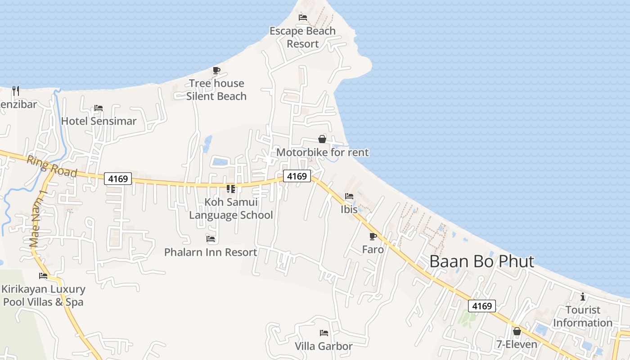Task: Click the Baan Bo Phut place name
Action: [x=482, y=261]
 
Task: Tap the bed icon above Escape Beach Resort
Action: [x=303, y=18]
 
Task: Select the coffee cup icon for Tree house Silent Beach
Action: [x=216, y=70]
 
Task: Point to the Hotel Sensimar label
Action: [x=99, y=121]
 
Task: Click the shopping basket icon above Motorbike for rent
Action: [x=322, y=139]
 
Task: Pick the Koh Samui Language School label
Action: [x=231, y=208]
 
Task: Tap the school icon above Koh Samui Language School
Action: [x=231, y=189]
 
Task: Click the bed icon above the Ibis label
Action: [x=349, y=196]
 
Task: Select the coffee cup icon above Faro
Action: [x=373, y=236]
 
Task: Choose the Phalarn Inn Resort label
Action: [x=211, y=252]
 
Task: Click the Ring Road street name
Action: [x=52, y=166]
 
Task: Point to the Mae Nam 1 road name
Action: [x=38, y=219]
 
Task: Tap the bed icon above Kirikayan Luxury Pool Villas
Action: [x=43, y=276]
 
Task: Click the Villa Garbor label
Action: [x=324, y=346]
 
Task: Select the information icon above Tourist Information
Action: [x=583, y=297]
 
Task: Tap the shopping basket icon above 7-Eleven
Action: [x=517, y=332]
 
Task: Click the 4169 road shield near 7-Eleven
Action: [x=482, y=306]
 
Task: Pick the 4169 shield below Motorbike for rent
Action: [x=297, y=176]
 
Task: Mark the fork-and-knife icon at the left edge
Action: [x=15, y=90]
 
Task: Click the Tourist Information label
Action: [x=583, y=316]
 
